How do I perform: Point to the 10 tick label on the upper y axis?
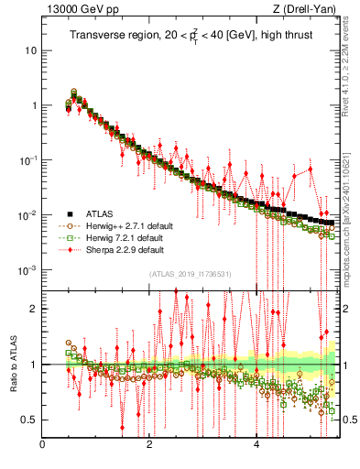(x=30, y=49)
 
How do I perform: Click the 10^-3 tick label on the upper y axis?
(x=27, y=270)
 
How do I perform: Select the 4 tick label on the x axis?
(x=256, y=446)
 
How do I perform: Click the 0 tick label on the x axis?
(x=43, y=446)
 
